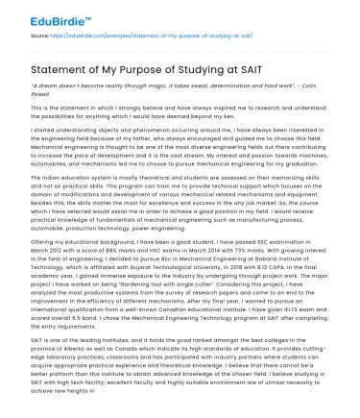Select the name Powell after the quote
tap(42, 94)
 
